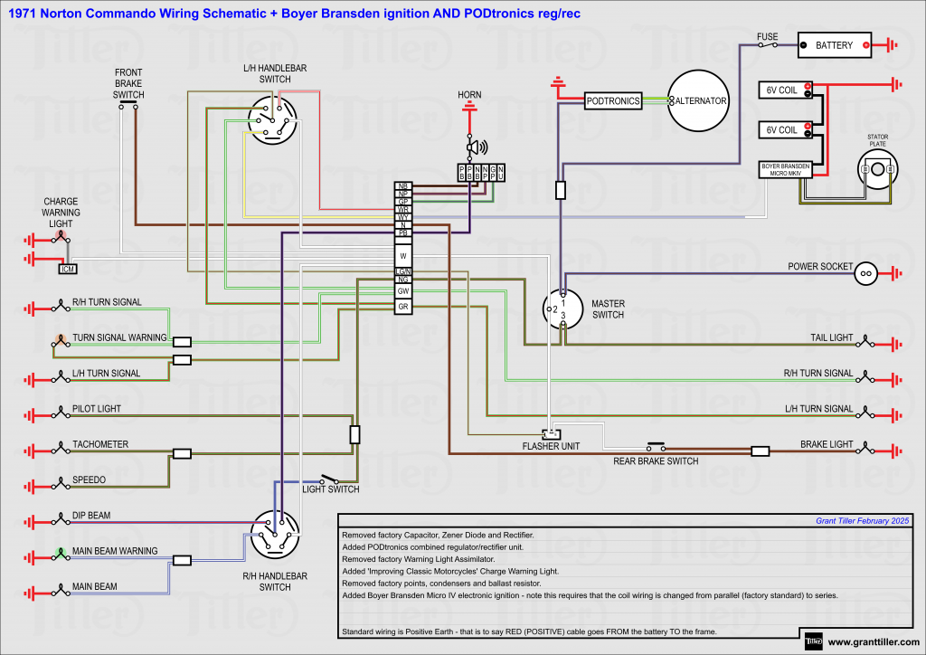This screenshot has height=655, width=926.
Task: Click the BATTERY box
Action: [834, 44]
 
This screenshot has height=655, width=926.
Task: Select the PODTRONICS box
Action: [612, 101]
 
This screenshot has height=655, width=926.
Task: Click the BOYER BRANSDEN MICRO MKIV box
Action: [785, 169]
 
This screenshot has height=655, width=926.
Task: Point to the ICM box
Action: [67, 269]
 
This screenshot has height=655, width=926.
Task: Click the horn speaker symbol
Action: [474, 147]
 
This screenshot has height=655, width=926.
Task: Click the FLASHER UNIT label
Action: [551, 446]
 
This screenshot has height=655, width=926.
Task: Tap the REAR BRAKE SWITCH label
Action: [656, 461]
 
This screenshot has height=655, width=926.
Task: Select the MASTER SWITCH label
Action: [608, 309]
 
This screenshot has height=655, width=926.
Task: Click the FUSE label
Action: [767, 37]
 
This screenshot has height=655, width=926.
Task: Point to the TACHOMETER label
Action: [100, 444]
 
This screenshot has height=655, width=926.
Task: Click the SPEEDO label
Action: [90, 479]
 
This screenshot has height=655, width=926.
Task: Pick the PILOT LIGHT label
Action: [97, 409]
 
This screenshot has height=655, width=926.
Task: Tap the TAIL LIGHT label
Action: [831, 337]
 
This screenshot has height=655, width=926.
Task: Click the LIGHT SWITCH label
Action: [330, 489]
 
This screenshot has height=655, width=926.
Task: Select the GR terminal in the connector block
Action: [403, 307]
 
